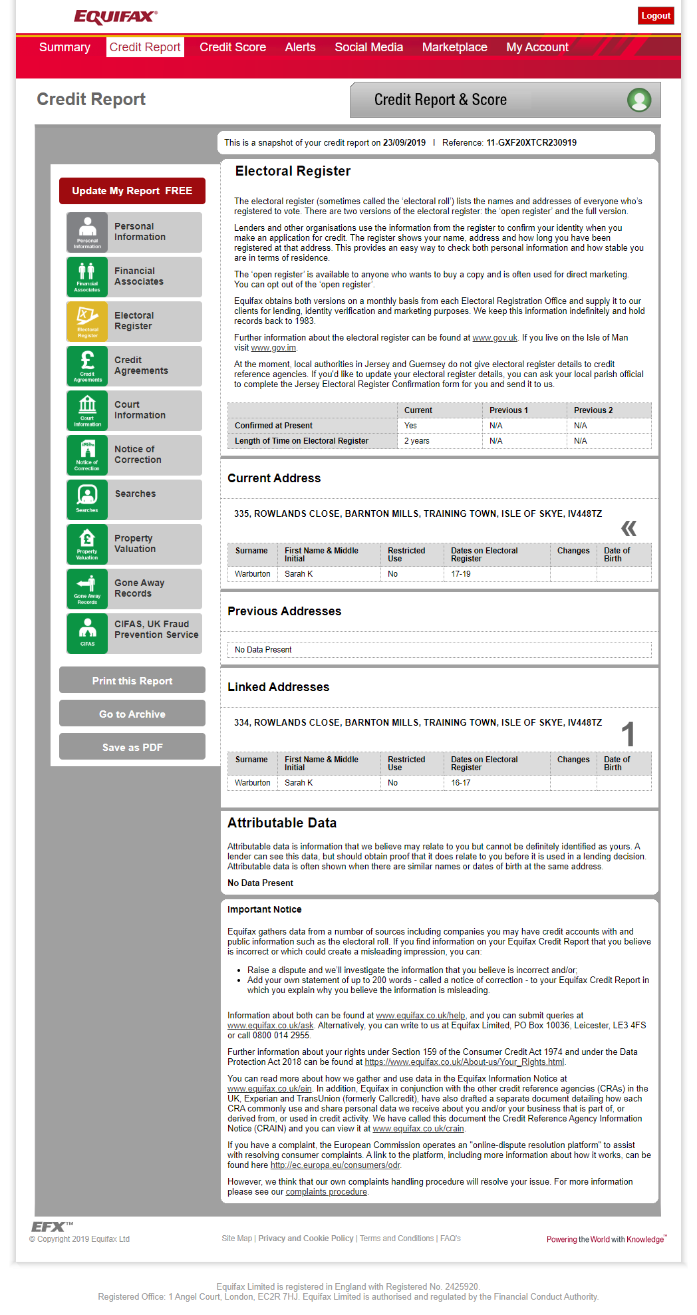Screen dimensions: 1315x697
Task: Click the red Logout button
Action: (656, 15)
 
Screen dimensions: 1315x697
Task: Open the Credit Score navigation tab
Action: (233, 47)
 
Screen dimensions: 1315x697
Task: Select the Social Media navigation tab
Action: (368, 47)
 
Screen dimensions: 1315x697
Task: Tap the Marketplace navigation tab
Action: (454, 47)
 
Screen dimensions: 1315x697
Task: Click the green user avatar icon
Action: (639, 100)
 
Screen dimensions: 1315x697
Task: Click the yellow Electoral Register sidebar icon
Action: (87, 321)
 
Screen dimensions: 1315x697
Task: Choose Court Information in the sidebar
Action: (140, 410)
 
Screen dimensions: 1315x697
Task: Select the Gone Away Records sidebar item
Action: (139, 588)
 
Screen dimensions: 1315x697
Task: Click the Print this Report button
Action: (132, 680)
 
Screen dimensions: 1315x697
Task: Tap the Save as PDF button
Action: (132, 747)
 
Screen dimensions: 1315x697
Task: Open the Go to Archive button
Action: (132, 714)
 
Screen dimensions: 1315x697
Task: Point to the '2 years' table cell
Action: (417, 441)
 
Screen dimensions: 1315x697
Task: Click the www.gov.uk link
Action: (495, 338)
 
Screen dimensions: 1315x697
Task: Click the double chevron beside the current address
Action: (628, 529)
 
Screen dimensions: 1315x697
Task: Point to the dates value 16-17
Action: (461, 783)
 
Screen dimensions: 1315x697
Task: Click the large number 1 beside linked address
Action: (628, 735)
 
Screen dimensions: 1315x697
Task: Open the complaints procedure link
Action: (327, 1192)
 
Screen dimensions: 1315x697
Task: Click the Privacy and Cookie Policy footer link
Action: (306, 1239)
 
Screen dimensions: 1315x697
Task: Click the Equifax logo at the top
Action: (116, 17)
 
